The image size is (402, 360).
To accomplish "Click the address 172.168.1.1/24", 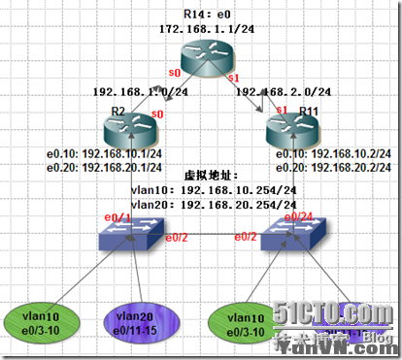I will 205,30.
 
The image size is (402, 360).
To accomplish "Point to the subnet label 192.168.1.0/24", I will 132,93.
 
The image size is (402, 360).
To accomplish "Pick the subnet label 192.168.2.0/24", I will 287,93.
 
